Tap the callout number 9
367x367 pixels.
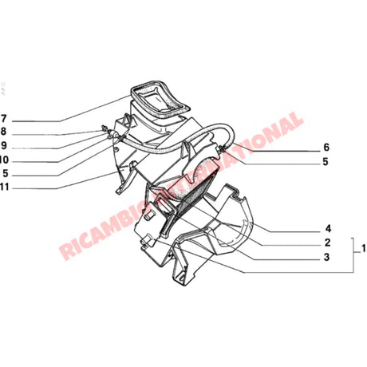[4, 145]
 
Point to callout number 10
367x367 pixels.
[6, 159]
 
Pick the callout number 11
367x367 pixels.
[6, 187]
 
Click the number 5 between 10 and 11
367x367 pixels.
[4, 173]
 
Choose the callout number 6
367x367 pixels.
[326, 148]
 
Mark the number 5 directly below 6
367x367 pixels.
[326, 162]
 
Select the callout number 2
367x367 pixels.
[328, 243]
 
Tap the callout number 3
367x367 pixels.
[328, 257]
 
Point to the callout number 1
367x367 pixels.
[363, 250]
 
